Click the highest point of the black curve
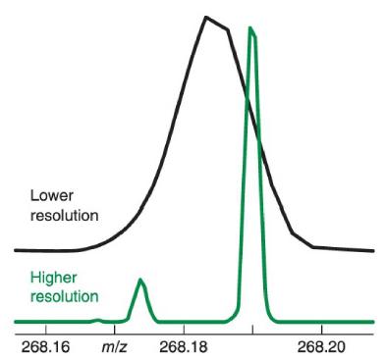pos(206,18)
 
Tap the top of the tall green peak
pos(250,28)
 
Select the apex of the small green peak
pos(141,281)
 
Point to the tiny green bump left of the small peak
pos(96,319)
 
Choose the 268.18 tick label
pos(183,346)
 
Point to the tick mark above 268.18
pos(184,332)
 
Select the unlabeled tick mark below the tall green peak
pos(252,332)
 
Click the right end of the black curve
pos(373,250)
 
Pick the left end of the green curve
pos(14,322)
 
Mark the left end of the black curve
pos(14,250)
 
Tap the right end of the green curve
pos(374,322)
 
